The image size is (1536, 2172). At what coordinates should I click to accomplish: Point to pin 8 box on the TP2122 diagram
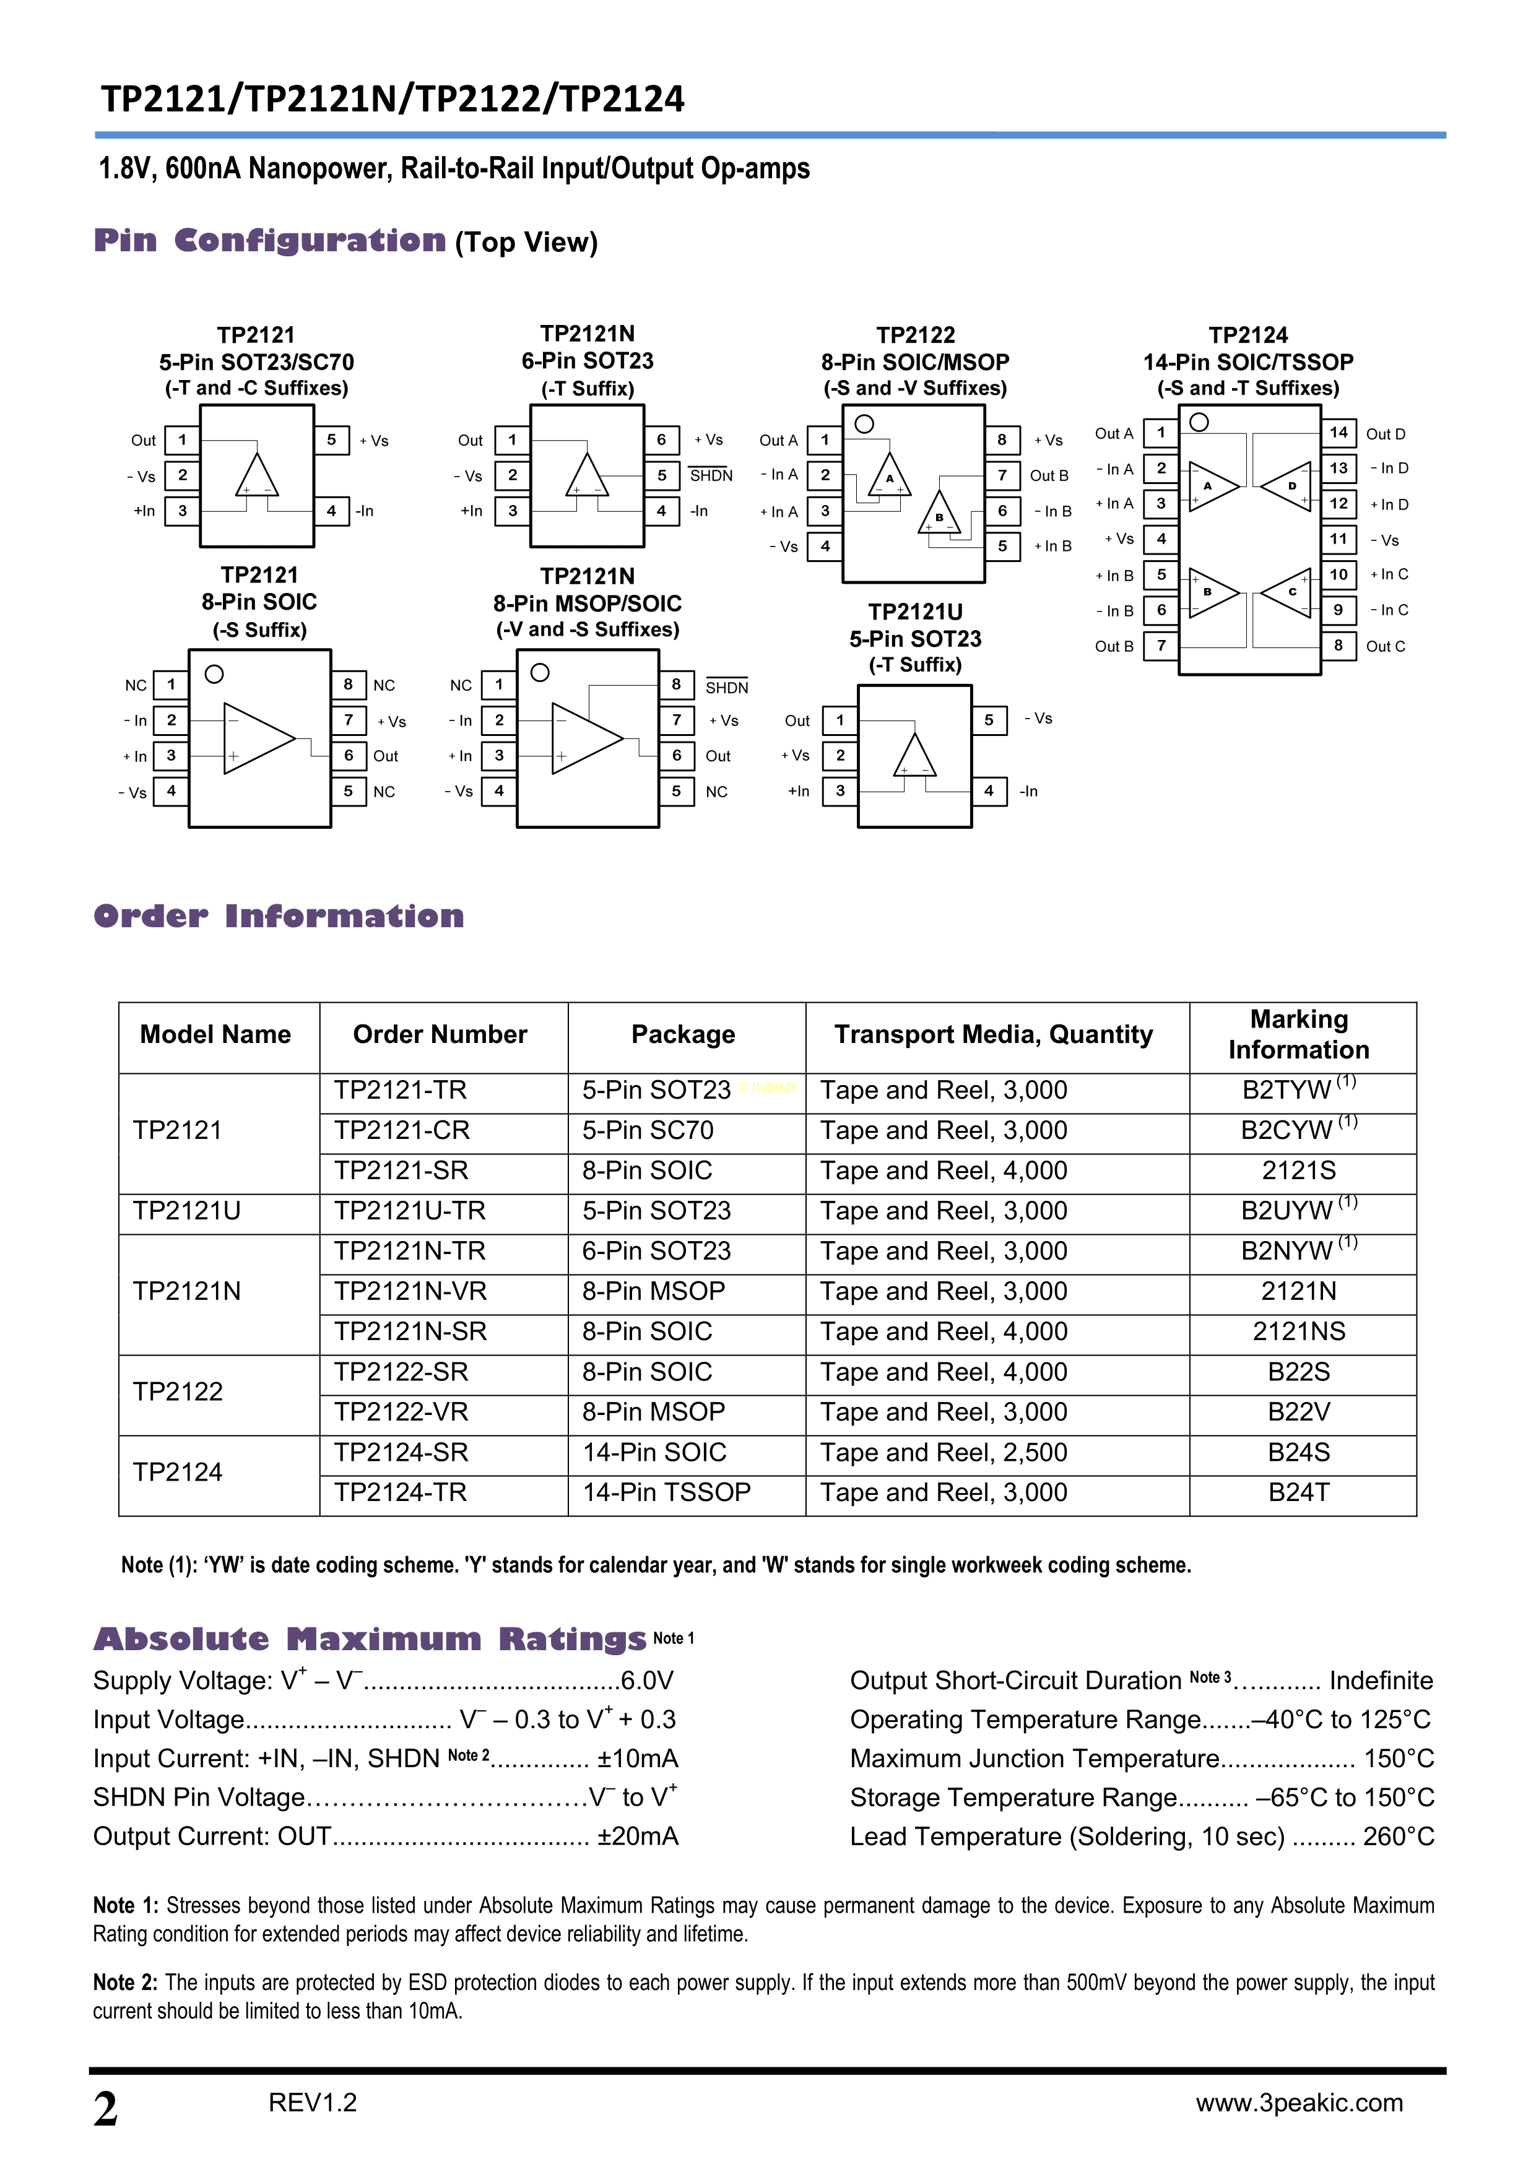pyautogui.click(x=1002, y=440)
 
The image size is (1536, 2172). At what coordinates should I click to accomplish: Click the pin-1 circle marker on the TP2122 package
pyautogui.click(x=864, y=425)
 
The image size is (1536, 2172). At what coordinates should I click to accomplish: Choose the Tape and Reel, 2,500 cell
pyautogui.click(x=944, y=1452)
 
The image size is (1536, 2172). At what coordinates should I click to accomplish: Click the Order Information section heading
pyautogui.click(x=279, y=915)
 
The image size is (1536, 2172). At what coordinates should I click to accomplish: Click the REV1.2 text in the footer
pyautogui.click(x=312, y=2102)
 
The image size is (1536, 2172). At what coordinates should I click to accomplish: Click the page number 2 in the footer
pyautogui.click(x=106, y=2109)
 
